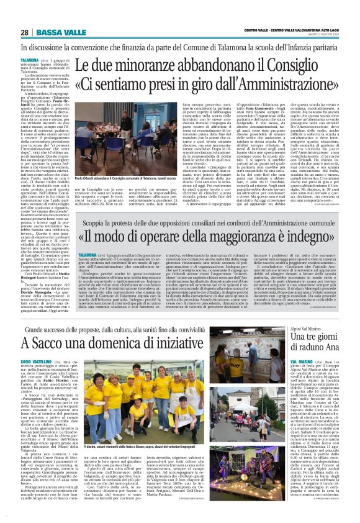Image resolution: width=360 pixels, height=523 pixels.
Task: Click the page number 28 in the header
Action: (24, 32)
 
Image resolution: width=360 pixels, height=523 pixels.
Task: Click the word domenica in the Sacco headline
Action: (119, 343)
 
